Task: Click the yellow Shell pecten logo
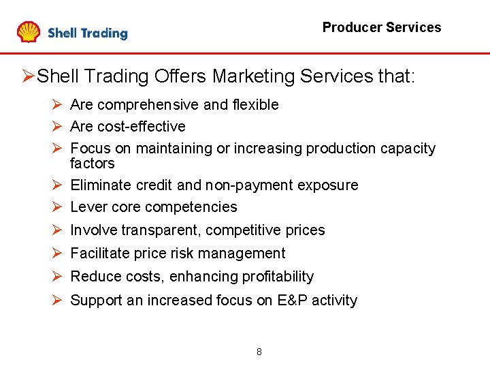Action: point(29,32)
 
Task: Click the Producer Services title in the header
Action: point(381,27)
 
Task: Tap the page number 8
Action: point(259,352)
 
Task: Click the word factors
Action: point(92,164)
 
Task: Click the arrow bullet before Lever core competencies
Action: point(56,206)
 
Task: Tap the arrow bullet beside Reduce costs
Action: point(56,276)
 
